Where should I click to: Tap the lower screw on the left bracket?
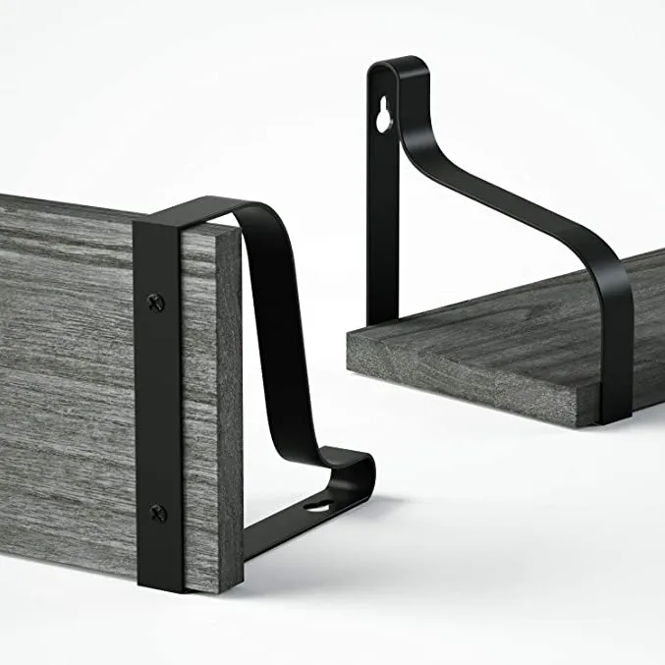157,511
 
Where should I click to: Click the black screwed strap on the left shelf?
157,403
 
